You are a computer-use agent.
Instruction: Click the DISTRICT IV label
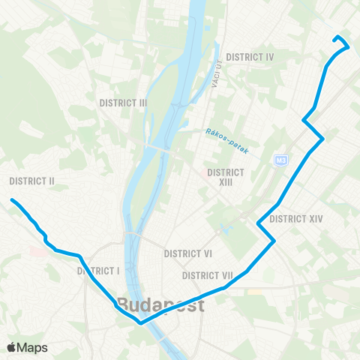click(x=250, y=57)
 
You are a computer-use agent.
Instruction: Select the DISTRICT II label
click(x=32, y=181)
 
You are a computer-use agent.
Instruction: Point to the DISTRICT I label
click(x=99, y=271)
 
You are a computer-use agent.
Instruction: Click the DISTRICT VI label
click(x=188, y=254)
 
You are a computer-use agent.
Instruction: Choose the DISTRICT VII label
click(x=209, y=275)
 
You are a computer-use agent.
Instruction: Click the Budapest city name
click(x=160, y=307)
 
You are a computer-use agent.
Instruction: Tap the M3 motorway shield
click(x=281, y=160)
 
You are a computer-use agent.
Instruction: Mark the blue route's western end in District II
click(x=12, y=199)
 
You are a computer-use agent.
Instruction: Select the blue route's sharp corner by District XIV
click(x=274, y=240)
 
